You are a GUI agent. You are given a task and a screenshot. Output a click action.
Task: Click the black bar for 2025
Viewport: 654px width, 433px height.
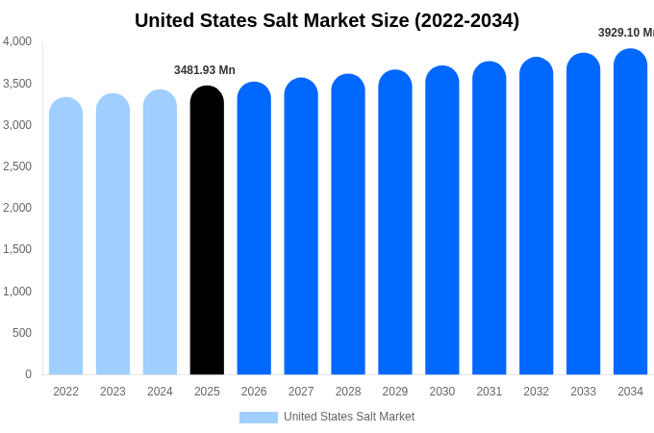[x=207, y=231]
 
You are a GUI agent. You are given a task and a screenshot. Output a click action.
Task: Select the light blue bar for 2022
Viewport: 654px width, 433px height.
[x=65, y=237]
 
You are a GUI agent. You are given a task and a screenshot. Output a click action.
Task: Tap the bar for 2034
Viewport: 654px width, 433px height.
[x=630, y=212]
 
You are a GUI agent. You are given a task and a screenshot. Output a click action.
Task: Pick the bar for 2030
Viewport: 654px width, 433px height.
[x=442, y=221]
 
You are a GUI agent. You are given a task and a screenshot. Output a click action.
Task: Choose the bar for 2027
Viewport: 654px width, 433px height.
[x=301, y=227]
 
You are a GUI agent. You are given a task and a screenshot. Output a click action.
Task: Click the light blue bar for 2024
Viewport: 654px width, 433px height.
[x=160, y=233]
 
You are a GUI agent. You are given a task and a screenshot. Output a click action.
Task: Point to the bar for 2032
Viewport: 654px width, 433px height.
[x=536, y=216]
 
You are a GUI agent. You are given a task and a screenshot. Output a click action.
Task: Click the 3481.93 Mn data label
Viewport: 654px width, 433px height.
[x=205, y=70]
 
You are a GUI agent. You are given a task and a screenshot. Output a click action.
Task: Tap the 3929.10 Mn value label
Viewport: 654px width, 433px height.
[x=625, y=33]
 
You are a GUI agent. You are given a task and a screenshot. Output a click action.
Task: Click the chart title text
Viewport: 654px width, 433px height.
[x=327, y=20]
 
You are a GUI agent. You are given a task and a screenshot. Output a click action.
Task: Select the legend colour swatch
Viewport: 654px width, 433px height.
[x=258, y=418]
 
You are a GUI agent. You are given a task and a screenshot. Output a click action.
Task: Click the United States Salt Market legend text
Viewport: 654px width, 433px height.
[x=349, y=417]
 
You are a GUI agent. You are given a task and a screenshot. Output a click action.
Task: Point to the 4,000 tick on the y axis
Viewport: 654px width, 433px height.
[x=17, y=41]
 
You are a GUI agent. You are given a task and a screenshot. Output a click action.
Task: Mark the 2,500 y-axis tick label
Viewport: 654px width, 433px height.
[x=17, y=166]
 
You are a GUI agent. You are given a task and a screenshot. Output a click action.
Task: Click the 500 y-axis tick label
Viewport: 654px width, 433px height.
[x=21, y=333]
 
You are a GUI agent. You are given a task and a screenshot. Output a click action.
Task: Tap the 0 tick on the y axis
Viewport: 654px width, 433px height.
[x=28, y=374]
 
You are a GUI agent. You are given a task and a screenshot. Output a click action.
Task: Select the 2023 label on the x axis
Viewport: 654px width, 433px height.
[x=113, y=392]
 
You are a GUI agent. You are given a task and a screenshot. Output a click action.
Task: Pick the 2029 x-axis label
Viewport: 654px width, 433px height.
[x=395, y=392]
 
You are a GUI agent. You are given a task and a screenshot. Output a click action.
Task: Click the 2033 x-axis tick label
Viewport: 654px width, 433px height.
[x=583, y=392]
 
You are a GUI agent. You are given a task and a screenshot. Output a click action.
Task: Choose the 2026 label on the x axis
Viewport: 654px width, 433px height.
[x=254, y=392]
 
